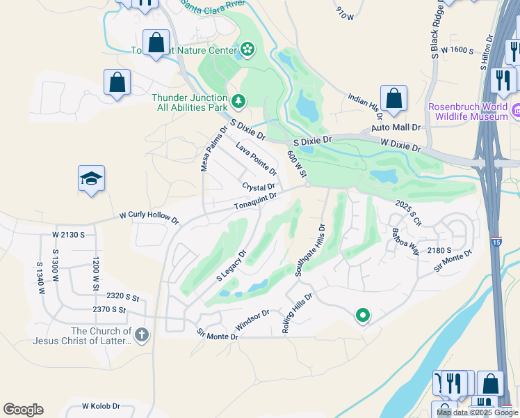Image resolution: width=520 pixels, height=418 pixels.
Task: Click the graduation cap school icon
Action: tap(92, 180)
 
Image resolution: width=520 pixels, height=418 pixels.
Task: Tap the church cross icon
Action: tap(141, 336)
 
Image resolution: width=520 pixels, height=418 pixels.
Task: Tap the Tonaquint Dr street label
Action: tap(255, 202)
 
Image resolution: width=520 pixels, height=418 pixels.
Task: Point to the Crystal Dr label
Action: tap(259, 187)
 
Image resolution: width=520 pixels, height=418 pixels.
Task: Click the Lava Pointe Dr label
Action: tap(256, 159)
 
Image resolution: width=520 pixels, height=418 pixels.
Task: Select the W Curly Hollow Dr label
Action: tap(149, 217)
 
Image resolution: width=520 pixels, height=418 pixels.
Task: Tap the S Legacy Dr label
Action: tap(231, 265)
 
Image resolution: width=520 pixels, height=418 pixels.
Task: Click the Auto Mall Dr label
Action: tap(396, 128)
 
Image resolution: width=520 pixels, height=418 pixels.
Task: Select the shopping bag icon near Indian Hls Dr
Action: tap(393, 100)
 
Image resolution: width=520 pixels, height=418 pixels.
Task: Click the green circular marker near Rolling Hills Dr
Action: tap(361, 316)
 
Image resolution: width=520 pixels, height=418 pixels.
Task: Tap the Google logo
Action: tap(23, 409)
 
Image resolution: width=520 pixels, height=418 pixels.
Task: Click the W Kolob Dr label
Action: tap(101, 405)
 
